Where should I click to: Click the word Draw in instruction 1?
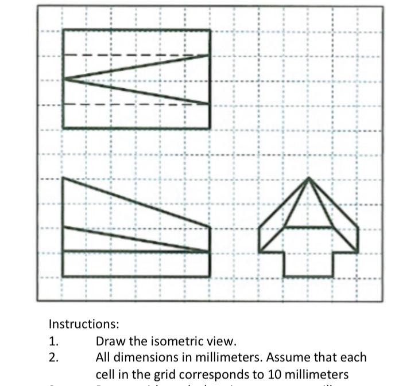pyautogui.click(x=109, y=341)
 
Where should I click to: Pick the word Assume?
pyautogui.click(x=286, y=357)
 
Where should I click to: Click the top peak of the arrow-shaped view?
pyautogui.click(x=309, y=178)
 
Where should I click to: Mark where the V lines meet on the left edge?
pyautogui.click(x=64, y=79)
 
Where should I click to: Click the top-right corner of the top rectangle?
pyautogui.click(x=210, y=30)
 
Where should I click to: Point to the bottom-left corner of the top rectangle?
pyautogui.click(x=64, y=127)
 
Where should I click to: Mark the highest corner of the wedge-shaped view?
pyautogui.click(x=64, y=178)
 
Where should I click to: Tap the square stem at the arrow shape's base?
pyautogui.click(x=309, y=264)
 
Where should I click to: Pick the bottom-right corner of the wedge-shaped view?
pyautogui.click(x=210, y=276)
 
